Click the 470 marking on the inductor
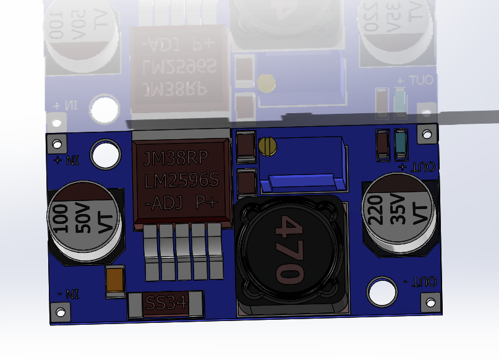288,248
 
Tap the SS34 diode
164,304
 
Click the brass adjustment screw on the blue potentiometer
268,145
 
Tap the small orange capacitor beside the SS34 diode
114,281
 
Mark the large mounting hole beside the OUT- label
382,292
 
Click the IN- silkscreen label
67,293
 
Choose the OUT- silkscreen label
421,281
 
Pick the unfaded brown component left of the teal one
383,145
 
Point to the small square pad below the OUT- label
431,302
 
